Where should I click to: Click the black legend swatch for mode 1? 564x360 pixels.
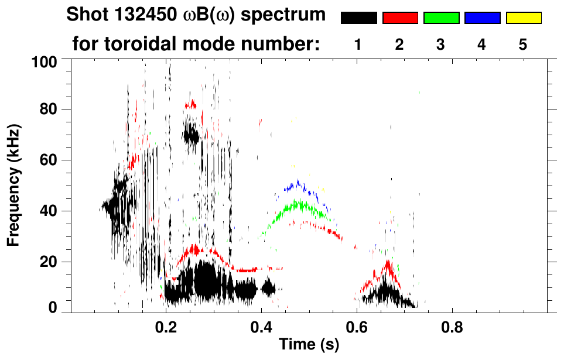(358, 18)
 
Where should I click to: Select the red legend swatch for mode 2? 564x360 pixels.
(400, 18)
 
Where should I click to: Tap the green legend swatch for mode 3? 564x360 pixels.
(441, 18)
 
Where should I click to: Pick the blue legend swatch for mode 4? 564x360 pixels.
(482, 18)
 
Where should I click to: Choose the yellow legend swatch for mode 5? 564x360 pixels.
(523, 18)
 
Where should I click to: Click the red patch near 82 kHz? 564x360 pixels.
(191, 104)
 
